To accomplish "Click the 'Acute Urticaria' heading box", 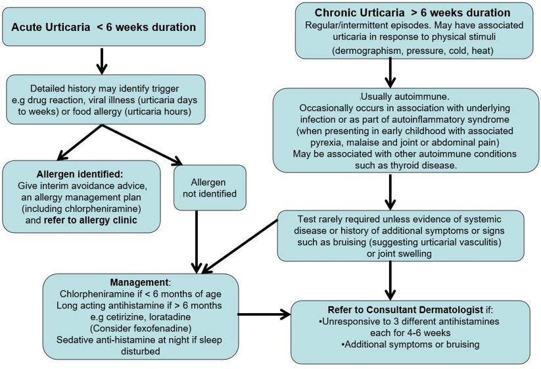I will tap(103, 28).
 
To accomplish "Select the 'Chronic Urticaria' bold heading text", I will tap(412, 12).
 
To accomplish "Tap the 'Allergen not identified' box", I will tap(210, 187).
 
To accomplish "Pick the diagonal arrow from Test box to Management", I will tap(240, 244).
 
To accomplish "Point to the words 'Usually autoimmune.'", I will tap(392, 95).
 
